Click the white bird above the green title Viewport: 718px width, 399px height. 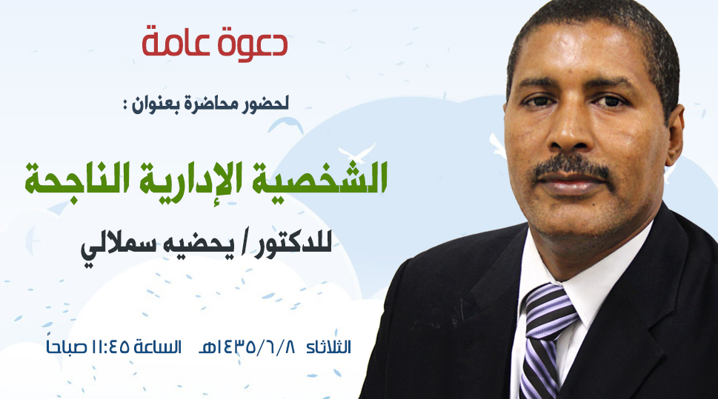click(x=356, y=153)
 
